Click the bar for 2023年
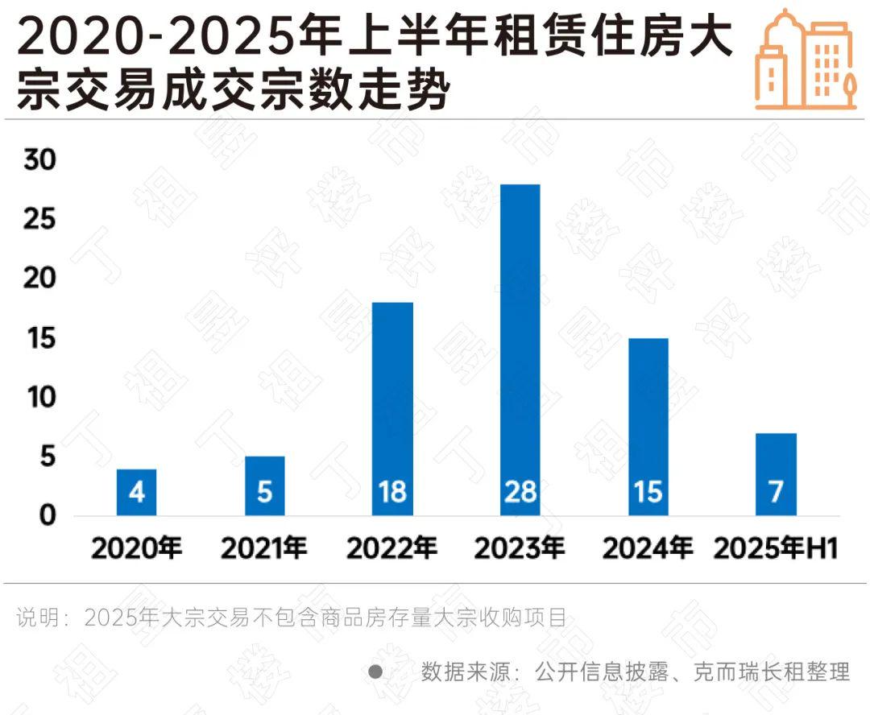520,346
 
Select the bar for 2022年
392,403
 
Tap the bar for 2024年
648,419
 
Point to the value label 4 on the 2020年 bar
137,492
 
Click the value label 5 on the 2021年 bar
265,492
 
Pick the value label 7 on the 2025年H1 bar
776,492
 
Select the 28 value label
520,492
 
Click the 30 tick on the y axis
39,161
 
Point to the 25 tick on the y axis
39,220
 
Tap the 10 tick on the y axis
39,398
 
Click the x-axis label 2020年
137,548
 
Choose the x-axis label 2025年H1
776,548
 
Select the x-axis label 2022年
392,548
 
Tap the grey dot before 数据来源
375,671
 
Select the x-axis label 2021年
265,548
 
